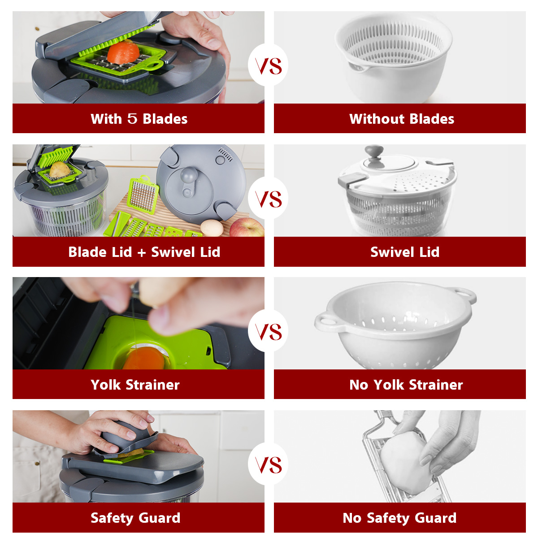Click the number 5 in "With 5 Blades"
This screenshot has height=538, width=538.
(x=132, y=119)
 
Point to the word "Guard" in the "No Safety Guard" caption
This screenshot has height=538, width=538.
(x=435, y=518)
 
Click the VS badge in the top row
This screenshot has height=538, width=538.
(x=268, y=65)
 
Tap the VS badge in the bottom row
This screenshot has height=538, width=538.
(x=268, y=464)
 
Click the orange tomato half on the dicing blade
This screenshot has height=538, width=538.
(x=123, y=52)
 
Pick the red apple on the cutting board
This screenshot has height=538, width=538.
(x=247, y=227)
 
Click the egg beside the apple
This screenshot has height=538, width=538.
(x=212, y=228)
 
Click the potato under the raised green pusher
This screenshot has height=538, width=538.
(x=60, y=170)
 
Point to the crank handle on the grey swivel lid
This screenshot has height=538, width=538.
(x=189, y=181)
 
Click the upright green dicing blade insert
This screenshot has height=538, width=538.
(x=143, y=195)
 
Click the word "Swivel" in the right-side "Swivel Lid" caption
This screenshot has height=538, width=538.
(x=389, y=252)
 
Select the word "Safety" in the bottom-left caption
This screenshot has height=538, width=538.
(x=113, y=518)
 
